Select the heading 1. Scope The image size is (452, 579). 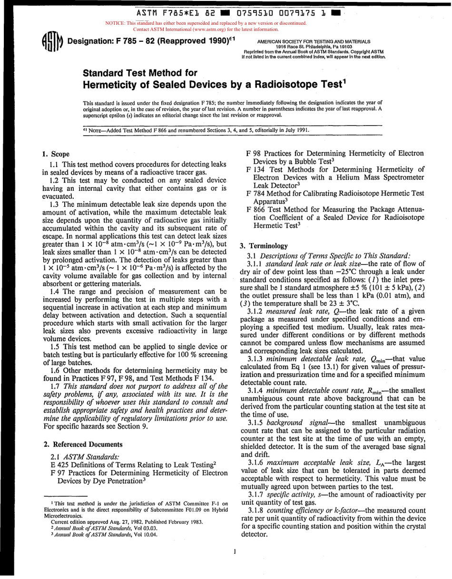pos(56,154)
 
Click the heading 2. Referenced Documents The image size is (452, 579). pos(83,444)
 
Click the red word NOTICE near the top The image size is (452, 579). pos(113,23)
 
